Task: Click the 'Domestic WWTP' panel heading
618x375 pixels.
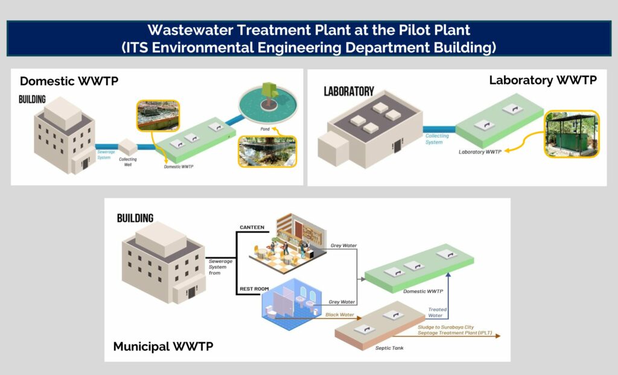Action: click(x=69, y=81)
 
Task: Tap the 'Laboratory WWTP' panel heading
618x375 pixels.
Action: click(x=543, y=80)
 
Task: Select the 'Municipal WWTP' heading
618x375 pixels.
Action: click(x=163, y=346)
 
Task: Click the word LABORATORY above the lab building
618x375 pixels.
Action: click(x=349, y=92)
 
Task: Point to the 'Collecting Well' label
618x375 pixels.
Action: click(x=128, y=162)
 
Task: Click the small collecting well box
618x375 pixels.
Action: click(x=128, y=147)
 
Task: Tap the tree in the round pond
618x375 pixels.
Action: click(x=270, y=93)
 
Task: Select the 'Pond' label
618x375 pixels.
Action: click(x=265, y=129)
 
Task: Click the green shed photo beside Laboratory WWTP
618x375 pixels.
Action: click(x=572, y=134)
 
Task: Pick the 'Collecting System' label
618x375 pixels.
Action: click(x=437, y=139)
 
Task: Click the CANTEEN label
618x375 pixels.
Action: click(x=252, y=227)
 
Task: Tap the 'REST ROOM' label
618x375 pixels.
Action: click(x=254, y=289)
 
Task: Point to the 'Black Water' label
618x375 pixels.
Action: click(x=340, y=314)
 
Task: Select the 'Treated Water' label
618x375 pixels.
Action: click(x=437, y=312)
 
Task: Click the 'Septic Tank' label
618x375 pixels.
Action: click(x=389, y=348)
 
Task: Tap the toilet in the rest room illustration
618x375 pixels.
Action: click(x=271, y=312)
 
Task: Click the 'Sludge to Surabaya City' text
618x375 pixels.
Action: click(x=446, y=327)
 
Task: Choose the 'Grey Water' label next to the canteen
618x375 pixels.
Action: click(x=343, y=245)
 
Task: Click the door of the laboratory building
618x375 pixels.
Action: click(x=397, y=146)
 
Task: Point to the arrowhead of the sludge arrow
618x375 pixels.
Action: click(x=498, y=336)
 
